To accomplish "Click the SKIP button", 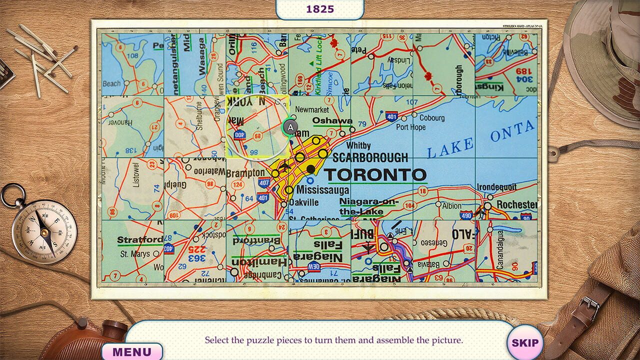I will click(x=525, y=343).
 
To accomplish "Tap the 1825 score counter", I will click(x=320, y=9).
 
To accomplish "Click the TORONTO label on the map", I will click(x=375, y=175).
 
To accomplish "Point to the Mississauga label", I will click(x=322, y=190).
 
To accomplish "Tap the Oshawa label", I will click(x=332, y=120).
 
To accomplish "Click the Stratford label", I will click(x=139, y=240).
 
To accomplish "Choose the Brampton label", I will click(x=245, y=173).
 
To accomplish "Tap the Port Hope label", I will click(x=410, y=127).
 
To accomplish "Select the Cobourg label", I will click(x=431, y=118).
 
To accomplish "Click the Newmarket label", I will click(x=312, y=109).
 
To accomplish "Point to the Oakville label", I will click(x=303, y=202).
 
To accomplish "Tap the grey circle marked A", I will click(x=290, y=127).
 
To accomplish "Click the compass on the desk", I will click(x=44, y=227).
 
